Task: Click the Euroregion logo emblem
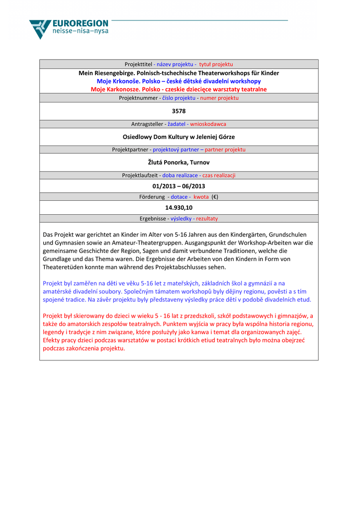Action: pyautogui.click(x=40, y=29)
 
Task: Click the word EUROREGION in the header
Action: pyautogui.click(x=80, y=23)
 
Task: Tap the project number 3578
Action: pyautogui.click(x=179, y=111)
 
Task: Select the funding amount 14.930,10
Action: pyautogui.click(x=179, y=207)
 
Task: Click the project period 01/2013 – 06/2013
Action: pyautogui.click(x=179, y=186)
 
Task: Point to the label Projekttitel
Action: pyautogui.click(x=138, y=64)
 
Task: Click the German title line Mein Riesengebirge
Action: pyautogui.click(x=179, y=73)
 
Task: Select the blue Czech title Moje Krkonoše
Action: pyautogui.click(x=179, y=81)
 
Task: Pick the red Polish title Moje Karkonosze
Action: pyautogui.click(x=179, y=89)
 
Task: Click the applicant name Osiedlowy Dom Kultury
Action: pyautogui.click(x=179, y=137)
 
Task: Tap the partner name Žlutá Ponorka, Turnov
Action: pyautogui.click(x=179, y=162)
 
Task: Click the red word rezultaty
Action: pyautogui.click(x=207, y=219)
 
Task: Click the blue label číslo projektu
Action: pyautogui.click(x=179, y=98)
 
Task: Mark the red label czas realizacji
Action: pyautogui.click(x=219, y=175)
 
